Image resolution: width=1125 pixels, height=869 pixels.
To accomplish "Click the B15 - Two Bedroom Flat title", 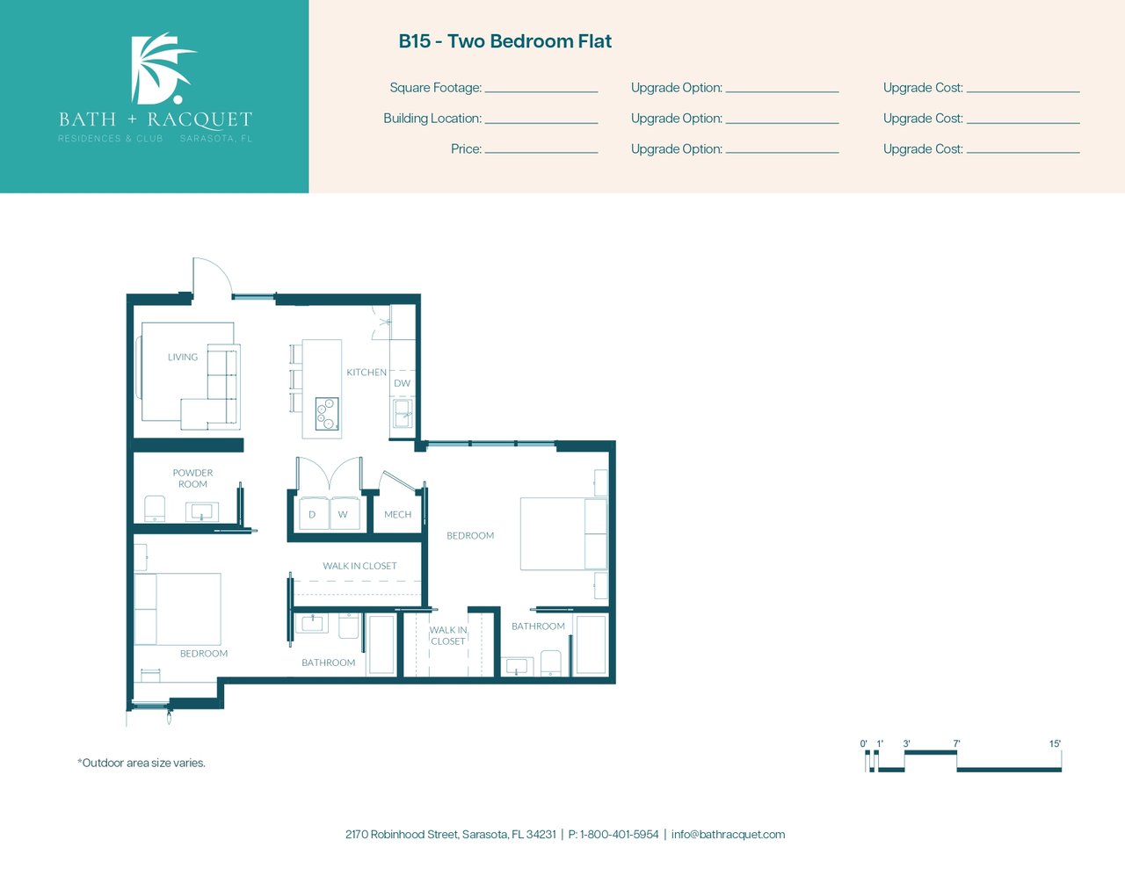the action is pyautogui.click(x=504, y=41).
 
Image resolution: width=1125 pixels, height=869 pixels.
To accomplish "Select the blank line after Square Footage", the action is pyautogui.click(x=541, y=92).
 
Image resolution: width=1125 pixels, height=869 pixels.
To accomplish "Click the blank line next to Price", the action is pyautogui.click(x=541, y=153).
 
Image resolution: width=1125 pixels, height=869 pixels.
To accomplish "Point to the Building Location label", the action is pyautogui.click(x=432, y=119).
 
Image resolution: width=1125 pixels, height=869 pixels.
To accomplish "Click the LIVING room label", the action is pyautogui.click(x=183, y=357).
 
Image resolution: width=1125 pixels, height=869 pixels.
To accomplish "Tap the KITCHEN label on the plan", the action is pyautogui.click(x=367, y=373).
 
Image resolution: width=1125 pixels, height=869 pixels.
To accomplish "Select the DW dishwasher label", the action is pyautogui.click(x=403, y=383).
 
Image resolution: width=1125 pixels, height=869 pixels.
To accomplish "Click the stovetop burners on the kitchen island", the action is pyautogui.click(x=327, y=414).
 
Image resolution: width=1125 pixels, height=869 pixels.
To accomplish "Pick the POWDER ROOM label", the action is pyautogui.click(x=192, y=478).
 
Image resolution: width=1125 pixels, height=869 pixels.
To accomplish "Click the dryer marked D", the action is pyautogui.click(x=314, y=513).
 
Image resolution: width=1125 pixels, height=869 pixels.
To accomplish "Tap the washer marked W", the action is pyautogui.click(x=345, y=513).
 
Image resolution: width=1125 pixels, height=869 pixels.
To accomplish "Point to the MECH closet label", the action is pyautogui.click(x=397, y=515).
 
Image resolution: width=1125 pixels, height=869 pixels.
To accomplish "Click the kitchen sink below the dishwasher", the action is pyautogui.click(x=403, y=414).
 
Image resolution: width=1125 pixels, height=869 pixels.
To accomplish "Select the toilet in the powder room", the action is pyautogui.click(x=155, y=509).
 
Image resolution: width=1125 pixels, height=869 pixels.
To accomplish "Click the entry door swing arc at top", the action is pyautogui.click(x=220, y=268).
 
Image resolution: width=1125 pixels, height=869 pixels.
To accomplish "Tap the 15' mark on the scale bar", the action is pyautogui.click(x=1055, y=743).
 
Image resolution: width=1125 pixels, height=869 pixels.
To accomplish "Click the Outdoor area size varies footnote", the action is pyautogui.click(x=142, y=763).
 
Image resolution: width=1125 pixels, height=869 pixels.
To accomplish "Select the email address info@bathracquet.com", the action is pyautogui.click(x=728, y=835).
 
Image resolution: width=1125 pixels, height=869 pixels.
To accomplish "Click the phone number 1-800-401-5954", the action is pyautogui.click(x=619, y=835).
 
